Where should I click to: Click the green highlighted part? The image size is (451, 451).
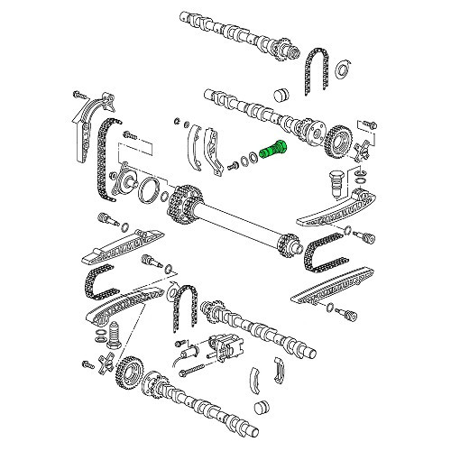(x=274, y=148)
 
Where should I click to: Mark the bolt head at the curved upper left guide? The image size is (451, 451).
(x=76, y=94)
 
